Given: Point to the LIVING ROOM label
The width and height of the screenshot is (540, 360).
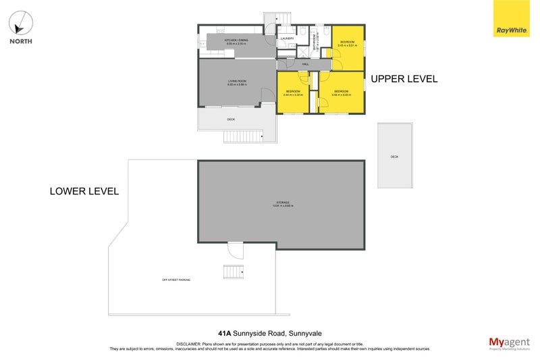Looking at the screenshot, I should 236,82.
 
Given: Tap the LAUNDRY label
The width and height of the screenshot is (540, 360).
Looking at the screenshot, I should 286,39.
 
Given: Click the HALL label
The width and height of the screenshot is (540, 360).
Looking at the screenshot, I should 305,65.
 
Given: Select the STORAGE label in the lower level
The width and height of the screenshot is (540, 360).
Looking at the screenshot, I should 283,203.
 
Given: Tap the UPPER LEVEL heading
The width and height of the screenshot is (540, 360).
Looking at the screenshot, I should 404,79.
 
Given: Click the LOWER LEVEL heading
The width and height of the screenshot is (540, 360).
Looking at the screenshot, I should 84,191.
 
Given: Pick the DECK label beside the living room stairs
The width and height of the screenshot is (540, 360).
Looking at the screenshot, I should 231,120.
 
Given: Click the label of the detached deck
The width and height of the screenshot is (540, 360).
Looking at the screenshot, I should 394,157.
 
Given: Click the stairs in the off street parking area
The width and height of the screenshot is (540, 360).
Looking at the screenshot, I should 234,272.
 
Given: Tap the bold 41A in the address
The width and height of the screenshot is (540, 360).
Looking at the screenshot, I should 225,333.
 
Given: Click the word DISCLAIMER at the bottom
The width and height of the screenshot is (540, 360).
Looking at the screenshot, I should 190,344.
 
